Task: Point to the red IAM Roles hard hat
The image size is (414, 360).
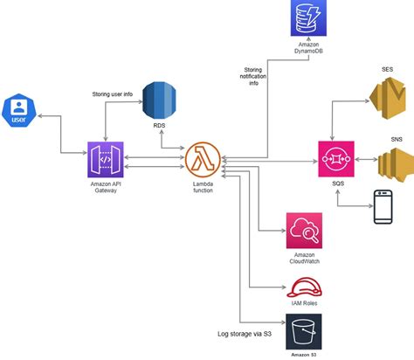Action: (x=306, y=286)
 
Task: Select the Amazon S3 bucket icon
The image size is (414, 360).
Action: (x=304, y=332)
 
